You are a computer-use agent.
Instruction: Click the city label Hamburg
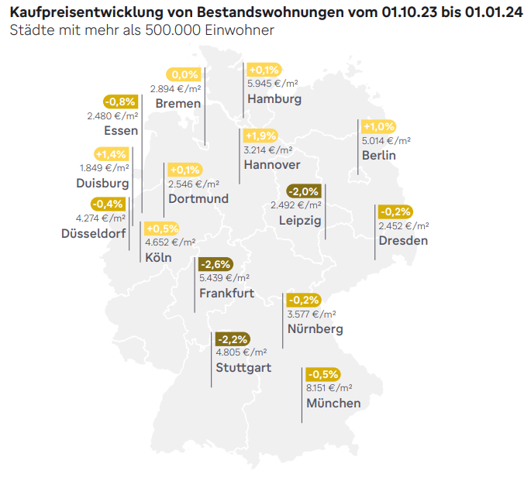(274, 99)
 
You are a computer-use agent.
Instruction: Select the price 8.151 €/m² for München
(329, 388)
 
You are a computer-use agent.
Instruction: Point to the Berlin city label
(378, 156)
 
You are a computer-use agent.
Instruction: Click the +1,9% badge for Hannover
(260, 136)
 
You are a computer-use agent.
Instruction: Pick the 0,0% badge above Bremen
(185, 75)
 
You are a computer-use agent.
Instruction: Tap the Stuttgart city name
(243, 367)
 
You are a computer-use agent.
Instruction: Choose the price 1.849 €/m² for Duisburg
(105, 167)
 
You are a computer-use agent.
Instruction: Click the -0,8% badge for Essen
(121, 101)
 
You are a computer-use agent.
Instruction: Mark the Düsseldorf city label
(93, 233)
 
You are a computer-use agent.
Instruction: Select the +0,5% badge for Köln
(162, 228)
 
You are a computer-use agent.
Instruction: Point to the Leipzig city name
(300, 221)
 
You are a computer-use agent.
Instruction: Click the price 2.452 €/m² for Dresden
(403, 225)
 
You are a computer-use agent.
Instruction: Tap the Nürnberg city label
(315, 329)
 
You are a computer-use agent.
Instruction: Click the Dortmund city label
(198, 199)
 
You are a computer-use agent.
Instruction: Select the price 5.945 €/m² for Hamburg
(272, 84)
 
